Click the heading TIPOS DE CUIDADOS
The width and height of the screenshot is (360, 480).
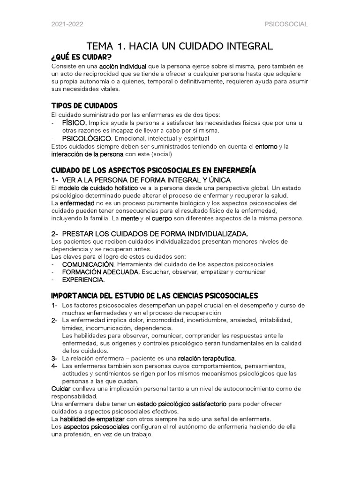point(84,105)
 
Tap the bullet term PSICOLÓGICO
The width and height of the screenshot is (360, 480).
point(87,139)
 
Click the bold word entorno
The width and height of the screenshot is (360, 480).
point(266,147)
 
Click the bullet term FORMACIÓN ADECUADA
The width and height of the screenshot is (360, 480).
point(100,272)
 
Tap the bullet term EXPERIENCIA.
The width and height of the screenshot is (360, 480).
point(83,280)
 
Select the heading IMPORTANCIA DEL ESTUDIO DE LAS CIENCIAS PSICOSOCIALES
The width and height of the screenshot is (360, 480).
point(154,295)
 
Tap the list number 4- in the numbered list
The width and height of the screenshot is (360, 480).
point(54,366)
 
